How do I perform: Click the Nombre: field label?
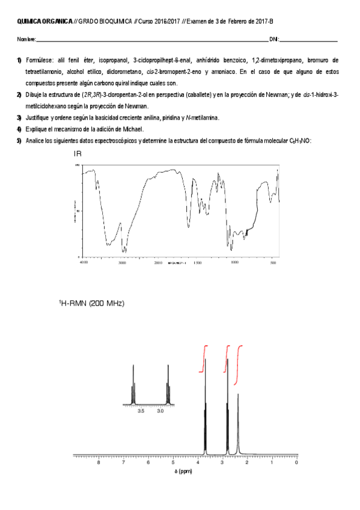tap(26, 40)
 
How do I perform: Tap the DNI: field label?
tap(274, 40)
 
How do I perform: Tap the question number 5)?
tap(19, 141)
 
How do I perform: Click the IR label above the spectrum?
tap(78, 154)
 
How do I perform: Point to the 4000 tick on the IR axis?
tap(84, 263)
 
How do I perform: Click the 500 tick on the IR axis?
tap(274, 263)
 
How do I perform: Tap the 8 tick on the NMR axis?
tap(99, 462)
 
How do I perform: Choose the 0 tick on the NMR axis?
tap(296, 462)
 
